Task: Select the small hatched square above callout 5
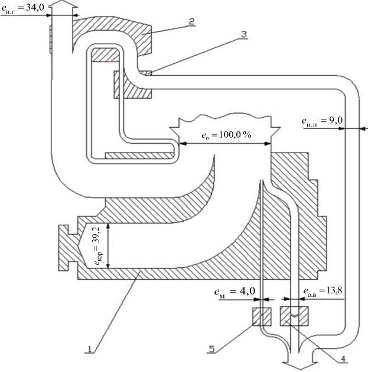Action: click(261, 316)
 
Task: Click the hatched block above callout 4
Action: click(294, 316)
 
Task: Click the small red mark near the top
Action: click(111, 59)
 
